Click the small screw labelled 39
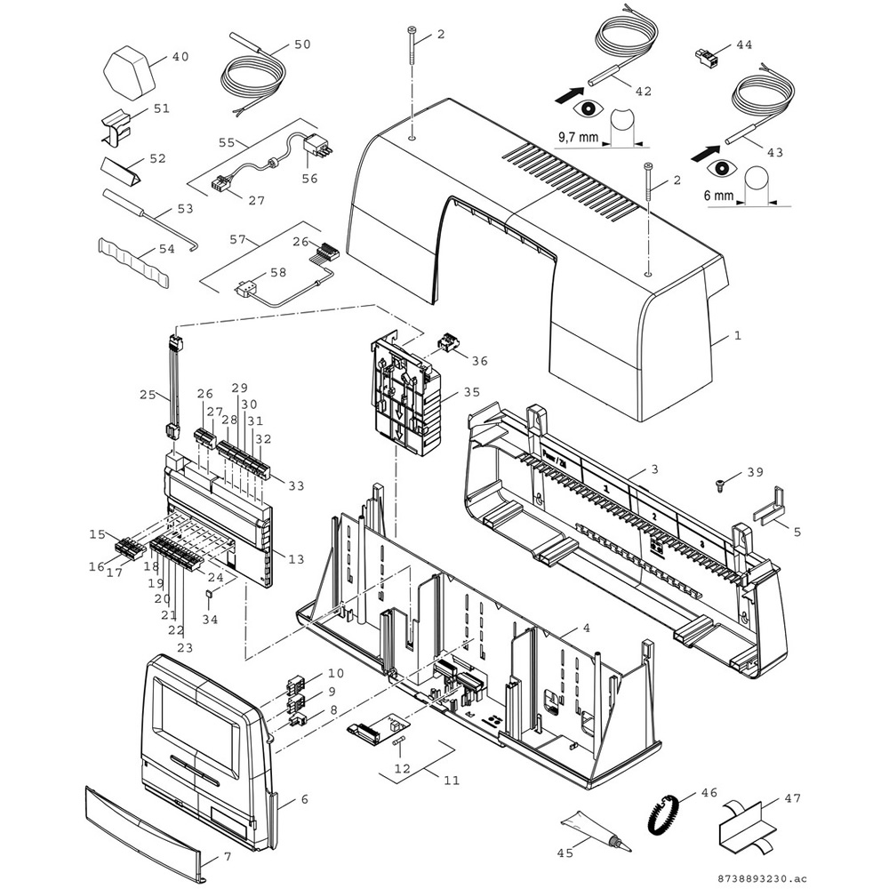[719, 485]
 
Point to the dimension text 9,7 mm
[581, 138]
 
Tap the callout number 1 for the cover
[737, 337]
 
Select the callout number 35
[471, 391]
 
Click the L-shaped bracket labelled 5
[769, 509]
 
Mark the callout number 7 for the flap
[226, 857]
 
